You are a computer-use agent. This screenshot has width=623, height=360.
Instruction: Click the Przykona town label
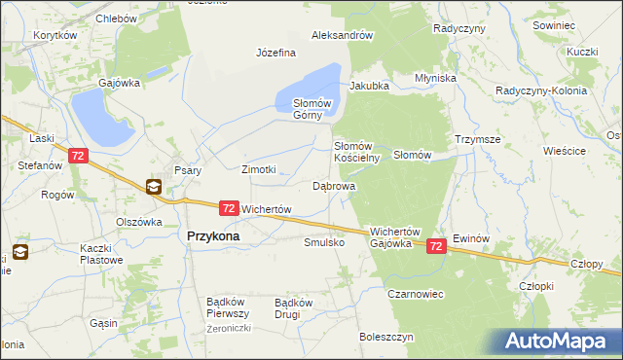coord(213,235)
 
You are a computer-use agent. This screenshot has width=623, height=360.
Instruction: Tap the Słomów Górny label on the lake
coord(313,109)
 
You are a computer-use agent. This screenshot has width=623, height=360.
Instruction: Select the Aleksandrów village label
coord(342,35)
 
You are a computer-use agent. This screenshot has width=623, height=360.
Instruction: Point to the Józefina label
coord(275,53)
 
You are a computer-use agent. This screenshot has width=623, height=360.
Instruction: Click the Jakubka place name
coord(369,86)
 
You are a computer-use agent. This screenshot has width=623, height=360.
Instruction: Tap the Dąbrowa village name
coord(333,185)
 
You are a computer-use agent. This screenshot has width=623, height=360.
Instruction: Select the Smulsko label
coord(324,242)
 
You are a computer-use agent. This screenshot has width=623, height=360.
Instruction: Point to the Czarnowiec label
coord(416,293)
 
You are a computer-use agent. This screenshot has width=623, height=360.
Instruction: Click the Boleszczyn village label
coord(386,337)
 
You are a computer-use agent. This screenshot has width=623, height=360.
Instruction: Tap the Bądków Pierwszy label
coord(229,307)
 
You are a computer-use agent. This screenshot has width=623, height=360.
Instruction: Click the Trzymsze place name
coord(477,139)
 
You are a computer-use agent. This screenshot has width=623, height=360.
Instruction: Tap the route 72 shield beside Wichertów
coord(228,208)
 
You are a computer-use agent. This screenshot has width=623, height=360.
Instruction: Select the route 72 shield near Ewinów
coord(437,247)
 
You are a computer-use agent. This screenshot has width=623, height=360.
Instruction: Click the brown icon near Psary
coord(154,188)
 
